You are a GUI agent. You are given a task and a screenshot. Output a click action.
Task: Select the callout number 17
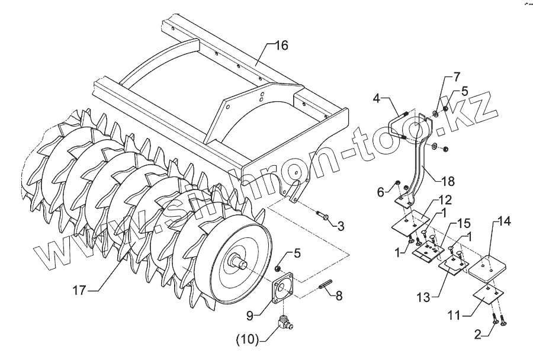(x=79, y=290)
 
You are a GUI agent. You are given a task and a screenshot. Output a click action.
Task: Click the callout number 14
(x=503, y=223)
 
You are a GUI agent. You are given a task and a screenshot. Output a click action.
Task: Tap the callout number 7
(x=457, y=77)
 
